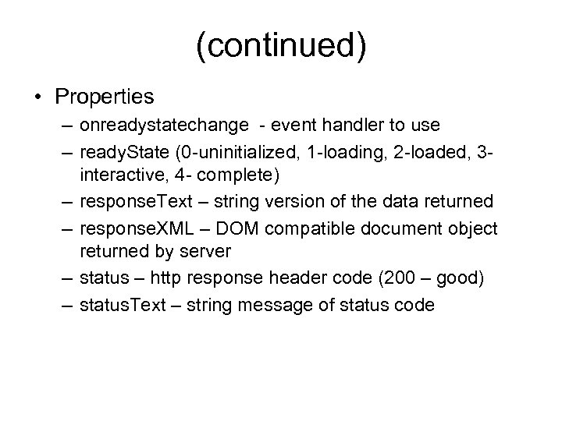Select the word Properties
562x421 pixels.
pyautogui.click(x=105, y=97)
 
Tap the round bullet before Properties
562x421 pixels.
pyautogui.click(x=38, y=98)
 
